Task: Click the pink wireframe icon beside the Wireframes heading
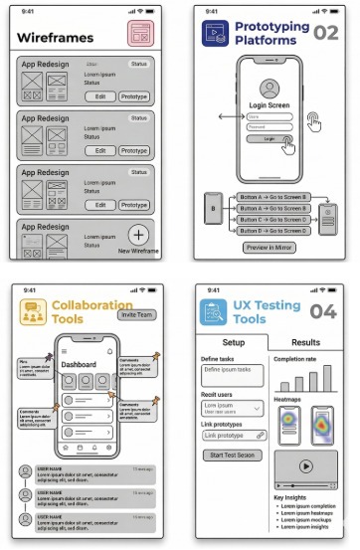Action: (141, 33)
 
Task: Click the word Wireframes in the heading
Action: (56, 38)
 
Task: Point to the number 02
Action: (325, 33)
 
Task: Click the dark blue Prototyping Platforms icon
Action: (214, 34)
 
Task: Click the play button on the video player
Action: (305, 464)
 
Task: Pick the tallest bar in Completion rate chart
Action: (328, 379)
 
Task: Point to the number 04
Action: (325, 311)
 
